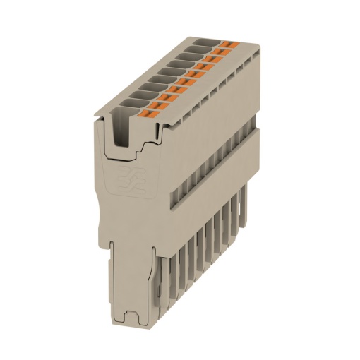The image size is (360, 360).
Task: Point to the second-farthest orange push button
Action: [218, 52]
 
